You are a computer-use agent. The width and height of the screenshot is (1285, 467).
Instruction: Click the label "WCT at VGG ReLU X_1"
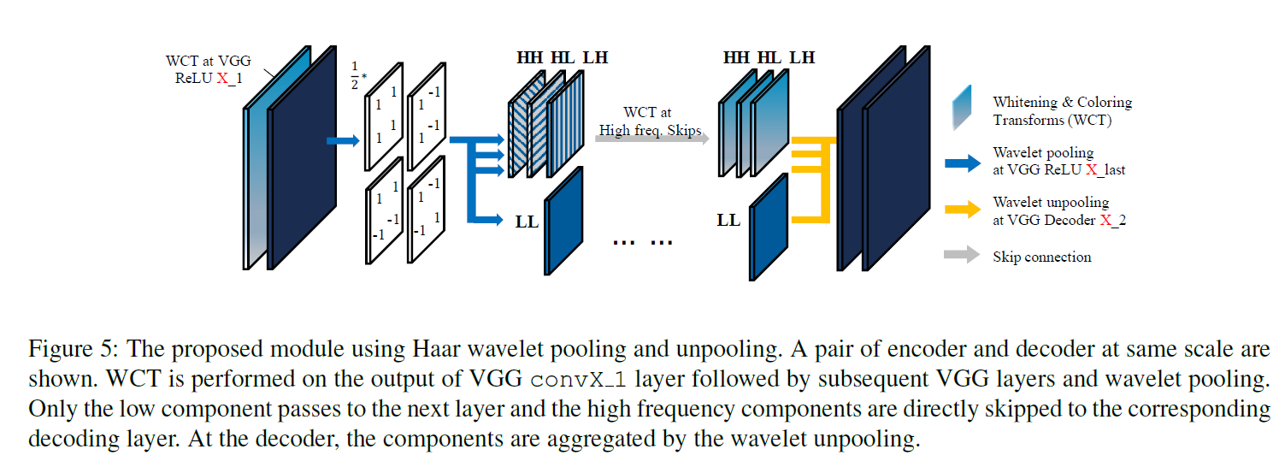click(203, 69)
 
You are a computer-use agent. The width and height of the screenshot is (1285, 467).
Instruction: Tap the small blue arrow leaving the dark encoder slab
click(342, 141)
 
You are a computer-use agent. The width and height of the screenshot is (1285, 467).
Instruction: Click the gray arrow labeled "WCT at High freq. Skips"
click(650, 138)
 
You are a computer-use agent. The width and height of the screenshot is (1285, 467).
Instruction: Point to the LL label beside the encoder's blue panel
click(526, 222)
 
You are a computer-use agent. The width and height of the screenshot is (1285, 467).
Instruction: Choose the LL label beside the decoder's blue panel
click(728, 221)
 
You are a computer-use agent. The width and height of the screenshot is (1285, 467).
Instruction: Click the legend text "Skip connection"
click(1041, 257)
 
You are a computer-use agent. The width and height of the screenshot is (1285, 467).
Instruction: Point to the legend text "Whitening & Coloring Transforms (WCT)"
click(1061, 111)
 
